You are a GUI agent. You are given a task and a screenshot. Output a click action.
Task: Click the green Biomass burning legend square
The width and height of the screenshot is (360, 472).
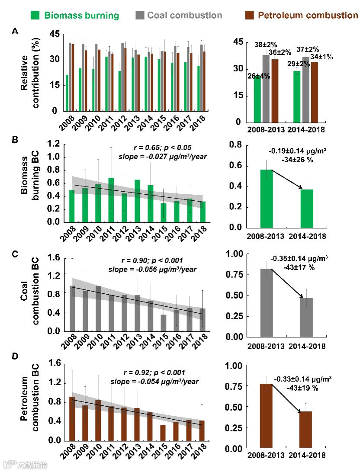coord(36,16)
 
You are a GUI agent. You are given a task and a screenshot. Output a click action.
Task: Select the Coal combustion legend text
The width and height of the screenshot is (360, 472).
coord(185,16)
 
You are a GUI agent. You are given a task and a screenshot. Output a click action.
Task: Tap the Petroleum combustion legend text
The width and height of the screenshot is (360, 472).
coord(308,16)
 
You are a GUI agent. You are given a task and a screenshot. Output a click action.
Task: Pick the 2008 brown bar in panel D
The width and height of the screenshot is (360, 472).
coord(72,419)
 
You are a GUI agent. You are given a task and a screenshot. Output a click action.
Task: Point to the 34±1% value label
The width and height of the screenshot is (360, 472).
coord(321,57)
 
